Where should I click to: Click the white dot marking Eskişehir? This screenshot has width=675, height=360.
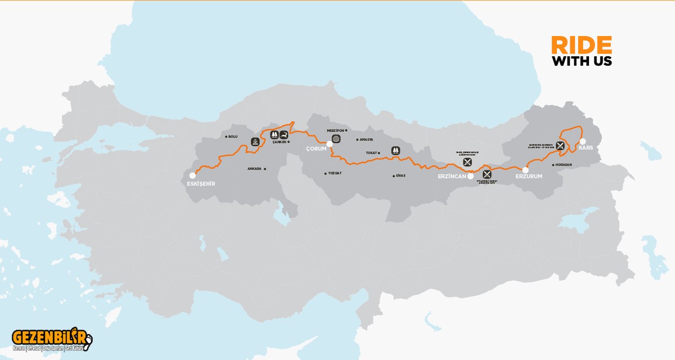(x=192, y=175)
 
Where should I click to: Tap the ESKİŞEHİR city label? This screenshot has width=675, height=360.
(x=200, y=184)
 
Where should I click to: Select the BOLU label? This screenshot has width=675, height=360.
(x=233, y=137)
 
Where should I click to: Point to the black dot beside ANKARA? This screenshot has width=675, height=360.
(x=265, y=169)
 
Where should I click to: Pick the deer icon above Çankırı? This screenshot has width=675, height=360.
(x=285, y=134)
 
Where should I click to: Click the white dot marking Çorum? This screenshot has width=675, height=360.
(x=330, y=144)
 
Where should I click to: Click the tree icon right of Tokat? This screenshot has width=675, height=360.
(x=395, y=151)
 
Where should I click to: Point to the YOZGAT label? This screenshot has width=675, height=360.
(x=334, y=173)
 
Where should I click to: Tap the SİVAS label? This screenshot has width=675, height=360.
(x=400, y=175)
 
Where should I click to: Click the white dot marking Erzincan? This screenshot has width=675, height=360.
(x=470, y=175)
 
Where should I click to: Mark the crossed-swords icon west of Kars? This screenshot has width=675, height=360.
(x=560, y=145)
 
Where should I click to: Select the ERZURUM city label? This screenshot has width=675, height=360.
(x=529, y=177)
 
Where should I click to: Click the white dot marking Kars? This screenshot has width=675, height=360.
(x=583, y=141)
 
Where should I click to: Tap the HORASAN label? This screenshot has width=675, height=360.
(x=563, y=165)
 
